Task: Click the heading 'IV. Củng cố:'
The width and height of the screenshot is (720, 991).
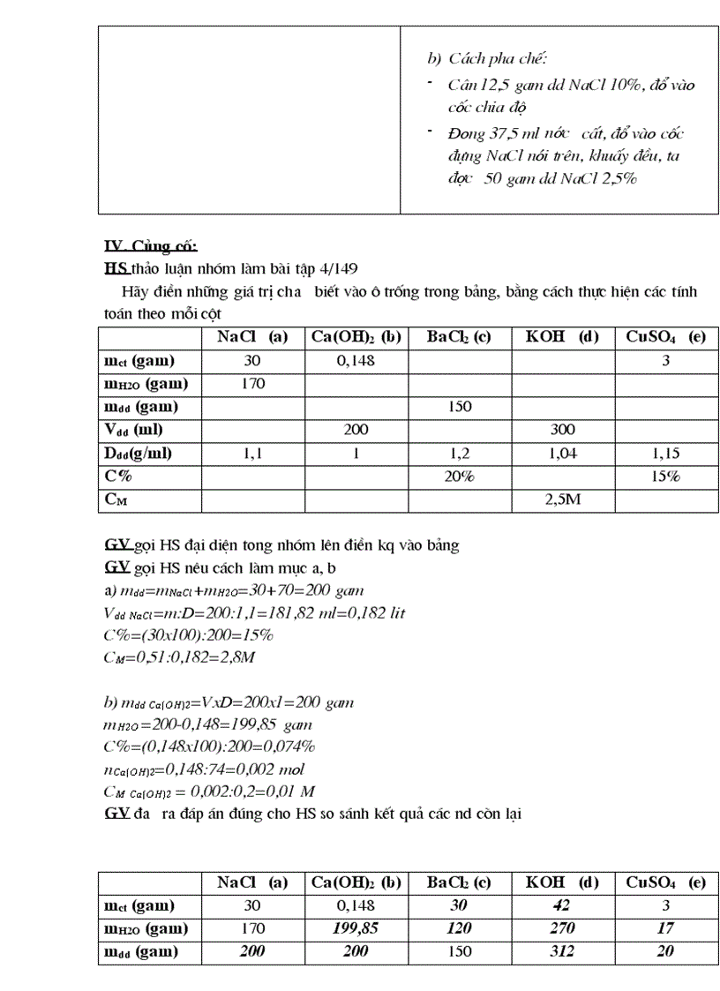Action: tap(151, 245)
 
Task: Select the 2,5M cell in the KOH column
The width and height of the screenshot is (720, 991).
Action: tap(562, 499)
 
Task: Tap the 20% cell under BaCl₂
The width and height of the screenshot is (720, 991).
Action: tap(459, 477)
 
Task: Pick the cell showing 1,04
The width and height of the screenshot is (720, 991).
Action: tap(562, 454)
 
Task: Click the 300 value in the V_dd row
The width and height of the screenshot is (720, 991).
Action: tap(562, 430)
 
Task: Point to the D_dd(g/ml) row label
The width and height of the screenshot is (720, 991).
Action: tap(139, 454)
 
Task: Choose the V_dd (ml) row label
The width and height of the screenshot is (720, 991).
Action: tap(135, 430)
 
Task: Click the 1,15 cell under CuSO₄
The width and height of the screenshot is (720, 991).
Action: tap(665, 454)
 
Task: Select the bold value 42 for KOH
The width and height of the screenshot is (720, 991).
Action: tap(562, 905)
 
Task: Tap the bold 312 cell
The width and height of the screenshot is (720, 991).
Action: tap(562, 951)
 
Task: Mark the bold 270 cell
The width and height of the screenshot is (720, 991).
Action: tap(562, 928)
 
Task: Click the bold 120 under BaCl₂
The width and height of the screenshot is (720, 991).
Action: tap(459, 928)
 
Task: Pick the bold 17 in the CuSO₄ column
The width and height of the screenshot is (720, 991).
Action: tap(665, 928)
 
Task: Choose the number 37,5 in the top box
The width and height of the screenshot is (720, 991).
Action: tap(499, 134)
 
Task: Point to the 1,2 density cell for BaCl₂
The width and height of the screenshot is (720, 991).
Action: tap(459, 454)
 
